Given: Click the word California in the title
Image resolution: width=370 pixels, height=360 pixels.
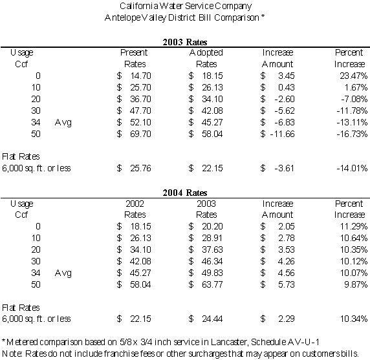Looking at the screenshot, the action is tap(138, 6).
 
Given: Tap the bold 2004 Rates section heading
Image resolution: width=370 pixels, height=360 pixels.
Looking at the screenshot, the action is tap(185, 193).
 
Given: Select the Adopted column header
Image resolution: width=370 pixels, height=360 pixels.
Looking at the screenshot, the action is tap(206, 53).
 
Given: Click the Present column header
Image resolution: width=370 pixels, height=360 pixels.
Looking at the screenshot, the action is tap(134, 52).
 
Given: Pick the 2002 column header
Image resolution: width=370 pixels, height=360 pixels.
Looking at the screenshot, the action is tap(135, 204).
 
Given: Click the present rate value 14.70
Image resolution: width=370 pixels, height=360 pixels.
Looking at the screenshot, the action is tap(140, 76).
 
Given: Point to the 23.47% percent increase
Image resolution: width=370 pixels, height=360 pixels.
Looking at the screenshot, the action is tap(353, 76).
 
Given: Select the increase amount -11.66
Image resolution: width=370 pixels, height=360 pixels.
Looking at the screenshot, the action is tap(283, 134).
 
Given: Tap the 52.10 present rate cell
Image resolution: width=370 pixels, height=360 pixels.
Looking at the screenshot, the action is tap(140, 122).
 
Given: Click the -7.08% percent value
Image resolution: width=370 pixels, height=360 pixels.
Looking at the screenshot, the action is tap(354, 99).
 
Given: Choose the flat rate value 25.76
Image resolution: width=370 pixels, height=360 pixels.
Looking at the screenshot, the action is tap(140, 168).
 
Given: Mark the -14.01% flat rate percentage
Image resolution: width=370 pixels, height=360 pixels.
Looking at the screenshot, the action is tap(352, 168).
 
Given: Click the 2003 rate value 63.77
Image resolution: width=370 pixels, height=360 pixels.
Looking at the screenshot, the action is tap(212, 284).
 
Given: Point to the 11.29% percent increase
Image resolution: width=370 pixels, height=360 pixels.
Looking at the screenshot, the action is tap(354, 226).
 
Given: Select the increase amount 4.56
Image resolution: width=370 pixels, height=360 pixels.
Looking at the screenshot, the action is tap(286, 273).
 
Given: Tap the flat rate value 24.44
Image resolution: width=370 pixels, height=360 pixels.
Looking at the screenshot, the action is tap(212, 319).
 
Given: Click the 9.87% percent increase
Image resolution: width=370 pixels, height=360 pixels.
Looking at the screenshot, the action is tap(356, 284).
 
